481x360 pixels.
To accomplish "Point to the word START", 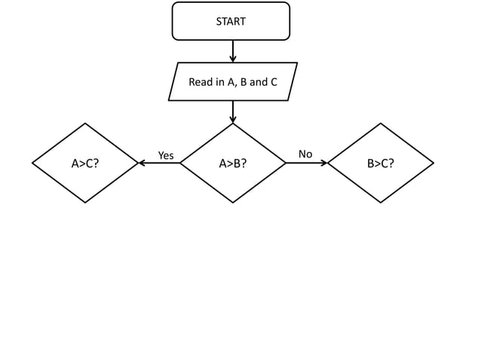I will (231, 22).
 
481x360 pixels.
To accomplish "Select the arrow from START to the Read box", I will (233, 50).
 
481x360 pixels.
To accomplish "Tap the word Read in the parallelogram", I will (201, 82).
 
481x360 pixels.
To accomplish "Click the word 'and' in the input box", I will (259, 82).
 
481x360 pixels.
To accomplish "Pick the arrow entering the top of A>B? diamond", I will (233, 111).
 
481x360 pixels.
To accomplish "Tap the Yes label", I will (166, 155).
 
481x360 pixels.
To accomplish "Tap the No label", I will (305, 154).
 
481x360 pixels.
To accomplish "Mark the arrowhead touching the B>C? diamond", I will (324, 163).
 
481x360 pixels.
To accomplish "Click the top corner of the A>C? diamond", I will (85, 124).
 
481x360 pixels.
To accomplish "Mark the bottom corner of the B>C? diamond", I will (381, 203).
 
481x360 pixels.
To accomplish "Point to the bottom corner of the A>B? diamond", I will (233, 203).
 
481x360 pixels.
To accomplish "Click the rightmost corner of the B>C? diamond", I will (434, 163).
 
